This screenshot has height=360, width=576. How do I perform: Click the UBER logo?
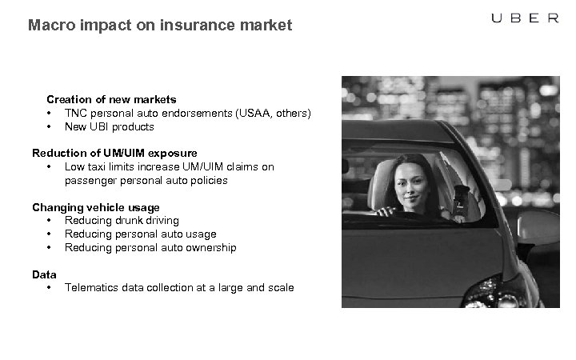point(524,18)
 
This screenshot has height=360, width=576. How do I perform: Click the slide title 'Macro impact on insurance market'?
point(160,26)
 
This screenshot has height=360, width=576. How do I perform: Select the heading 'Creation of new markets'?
point(111,99)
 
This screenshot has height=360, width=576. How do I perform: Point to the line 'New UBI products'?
point(110,126)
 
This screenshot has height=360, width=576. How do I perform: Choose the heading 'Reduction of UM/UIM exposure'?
point(114,153)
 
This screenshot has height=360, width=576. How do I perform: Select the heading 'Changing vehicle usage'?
point(96,207)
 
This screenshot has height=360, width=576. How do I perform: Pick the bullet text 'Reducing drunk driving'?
point(122,220)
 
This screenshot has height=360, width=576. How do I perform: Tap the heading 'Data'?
point(44,274)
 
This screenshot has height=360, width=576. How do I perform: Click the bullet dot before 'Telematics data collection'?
point(50,287)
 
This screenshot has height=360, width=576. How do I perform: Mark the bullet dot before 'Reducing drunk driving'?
point(50,220)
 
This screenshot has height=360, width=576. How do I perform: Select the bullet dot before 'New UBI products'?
point(50,126)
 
